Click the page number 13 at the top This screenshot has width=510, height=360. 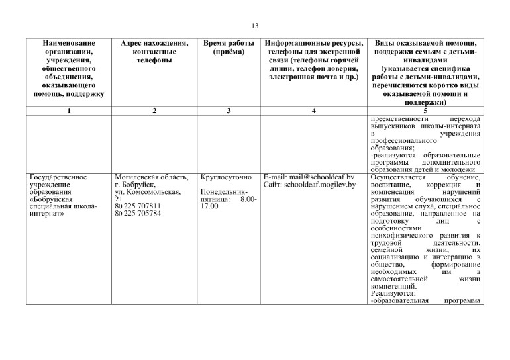(x=255, y=26)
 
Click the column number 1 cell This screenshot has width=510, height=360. (x=69, y=111)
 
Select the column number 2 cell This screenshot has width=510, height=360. (x=154, y=111)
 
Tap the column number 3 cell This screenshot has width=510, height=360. (x=228, y=111)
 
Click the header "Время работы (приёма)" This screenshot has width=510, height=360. (x=228, y=48)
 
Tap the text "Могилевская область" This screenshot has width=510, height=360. (x=152, y=177)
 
